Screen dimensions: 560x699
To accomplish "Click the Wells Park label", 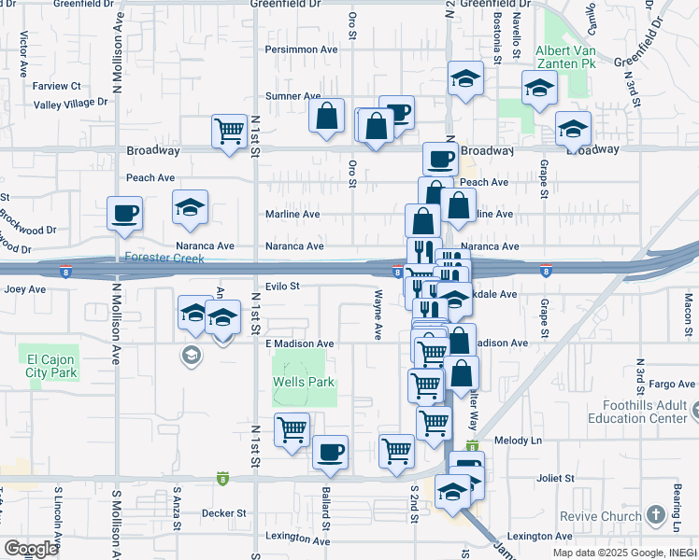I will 303,382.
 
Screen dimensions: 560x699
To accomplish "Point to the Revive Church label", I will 601,516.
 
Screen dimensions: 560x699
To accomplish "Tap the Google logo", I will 31,548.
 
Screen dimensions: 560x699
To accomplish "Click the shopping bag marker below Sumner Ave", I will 327,117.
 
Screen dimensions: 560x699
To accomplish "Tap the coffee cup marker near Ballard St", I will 330,453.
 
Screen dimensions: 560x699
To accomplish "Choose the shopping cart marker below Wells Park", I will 292,430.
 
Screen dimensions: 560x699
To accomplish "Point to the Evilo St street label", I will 280,287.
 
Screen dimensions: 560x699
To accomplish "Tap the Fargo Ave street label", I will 673,384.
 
